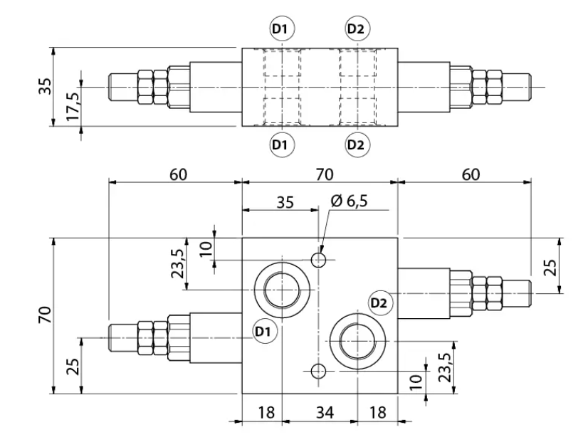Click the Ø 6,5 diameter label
coord(349,201)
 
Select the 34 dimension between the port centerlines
coord(325,412)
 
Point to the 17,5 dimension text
coord(73,107)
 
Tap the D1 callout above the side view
coord(282,29)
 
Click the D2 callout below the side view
coord(357,144)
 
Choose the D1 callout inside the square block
coord(265,332)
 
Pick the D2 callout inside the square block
coord(381,302)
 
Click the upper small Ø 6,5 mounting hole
coord(319,259)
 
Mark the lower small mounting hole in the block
coord(319,371)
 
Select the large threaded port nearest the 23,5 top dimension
coord(282,290)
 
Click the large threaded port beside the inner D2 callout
coord(358,341)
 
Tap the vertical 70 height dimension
coord(45,315)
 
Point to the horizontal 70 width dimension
coord(325,174)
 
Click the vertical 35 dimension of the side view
coord(46,86)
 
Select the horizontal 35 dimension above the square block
coord(285,202)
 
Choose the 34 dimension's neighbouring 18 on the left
coord(266,412)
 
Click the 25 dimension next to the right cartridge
coord(550,267)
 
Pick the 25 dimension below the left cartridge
coord(73,367)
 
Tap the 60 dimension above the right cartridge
coord(471,174)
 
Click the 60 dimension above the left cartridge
coord(178,174)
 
